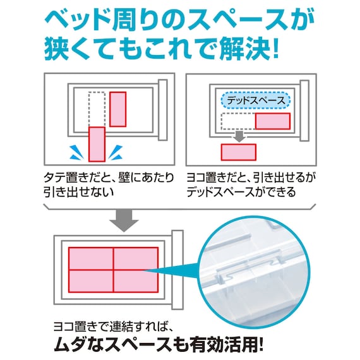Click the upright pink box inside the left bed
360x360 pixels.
[118, 109]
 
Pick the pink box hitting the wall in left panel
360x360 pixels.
[97, 143]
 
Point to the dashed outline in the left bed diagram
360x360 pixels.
[97, 108]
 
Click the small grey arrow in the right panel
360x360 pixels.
[239, 135]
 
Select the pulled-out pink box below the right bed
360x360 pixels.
[238, 152]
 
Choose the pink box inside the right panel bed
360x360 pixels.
[272, 121]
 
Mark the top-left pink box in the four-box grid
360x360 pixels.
[90, 258]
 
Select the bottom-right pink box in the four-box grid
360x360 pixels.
[135, 280]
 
